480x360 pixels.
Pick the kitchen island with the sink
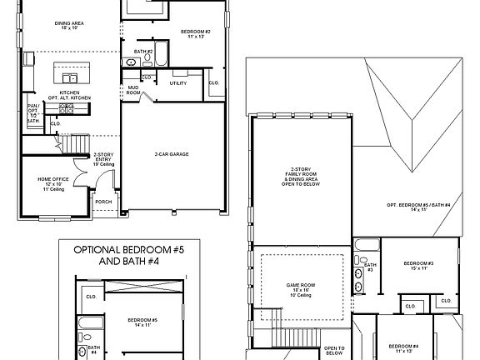pos(70,67)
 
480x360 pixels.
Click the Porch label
pos(104,201)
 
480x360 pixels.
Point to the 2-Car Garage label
pos(171,154)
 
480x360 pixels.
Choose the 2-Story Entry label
pos(103,158)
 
